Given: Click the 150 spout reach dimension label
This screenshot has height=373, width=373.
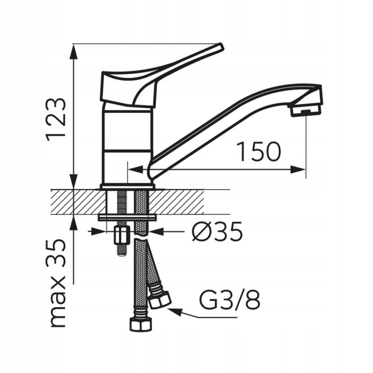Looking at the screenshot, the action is [260, 151].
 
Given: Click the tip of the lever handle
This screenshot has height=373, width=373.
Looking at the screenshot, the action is [221, 46].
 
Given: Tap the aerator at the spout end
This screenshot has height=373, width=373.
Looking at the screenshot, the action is [306, 111].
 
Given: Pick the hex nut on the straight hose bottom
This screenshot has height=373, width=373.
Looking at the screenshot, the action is [140, 324].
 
